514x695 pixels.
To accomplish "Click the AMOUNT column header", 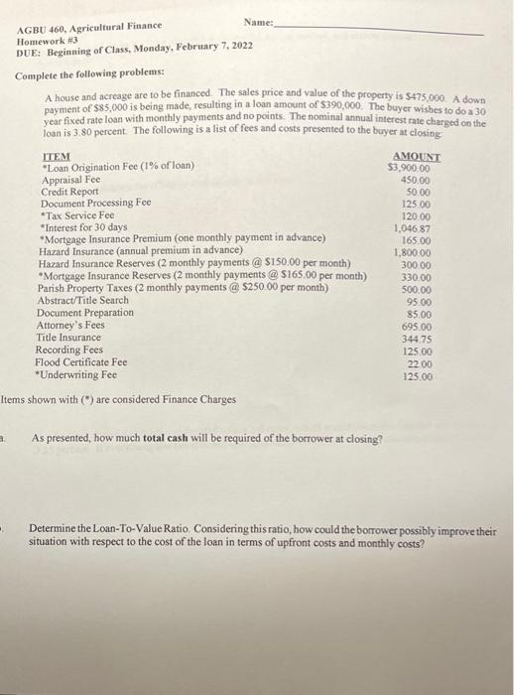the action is [x=417, y=156].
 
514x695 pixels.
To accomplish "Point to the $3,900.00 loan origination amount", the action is [x=409, y=168].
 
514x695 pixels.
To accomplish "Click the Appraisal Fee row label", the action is [x=70, y=179].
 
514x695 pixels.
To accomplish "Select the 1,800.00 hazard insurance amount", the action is [x=412, y=252].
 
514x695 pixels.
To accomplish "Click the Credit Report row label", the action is [x=69, y=191].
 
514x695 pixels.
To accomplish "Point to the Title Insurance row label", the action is [x=67, y=338].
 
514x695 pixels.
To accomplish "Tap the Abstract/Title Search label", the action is [x=82, y=300].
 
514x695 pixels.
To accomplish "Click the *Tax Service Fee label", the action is [x=77, y=214].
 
